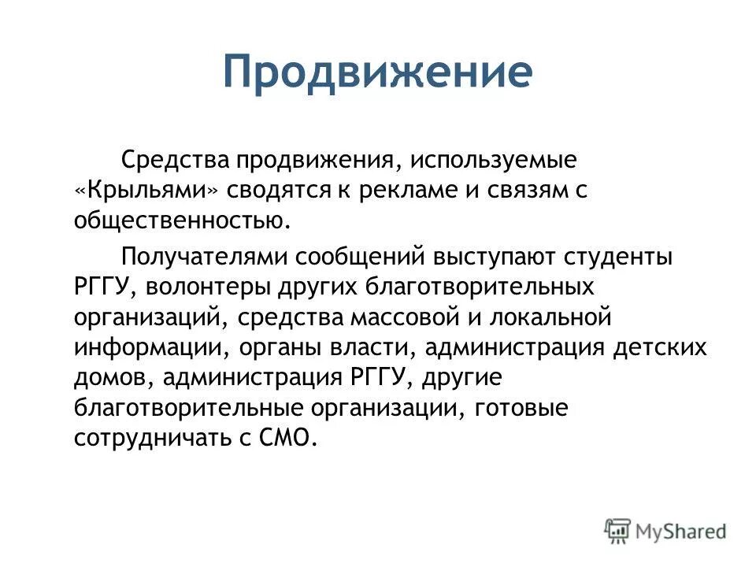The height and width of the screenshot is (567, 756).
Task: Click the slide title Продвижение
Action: (377, 73)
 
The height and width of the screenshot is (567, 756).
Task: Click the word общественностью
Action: (183, 220)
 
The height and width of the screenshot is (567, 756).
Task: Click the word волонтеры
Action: (208, 287)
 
